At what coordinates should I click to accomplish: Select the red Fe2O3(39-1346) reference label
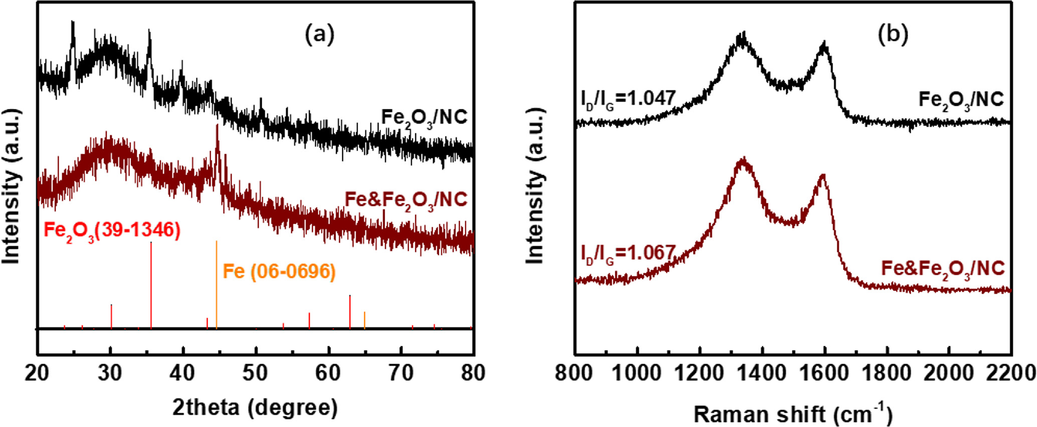click(x=112, y=231)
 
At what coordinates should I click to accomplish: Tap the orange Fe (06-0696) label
click(x=279, y=271)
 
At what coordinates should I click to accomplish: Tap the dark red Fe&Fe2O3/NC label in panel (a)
click(x=406, y=200)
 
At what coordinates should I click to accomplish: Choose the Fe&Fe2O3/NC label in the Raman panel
click(x=943, y=268)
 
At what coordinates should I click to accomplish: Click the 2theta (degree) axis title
click(x=255, y=407)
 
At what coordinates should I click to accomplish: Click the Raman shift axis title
click(x=793, y=414)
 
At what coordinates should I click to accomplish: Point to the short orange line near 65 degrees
click(x=365, y=320)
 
